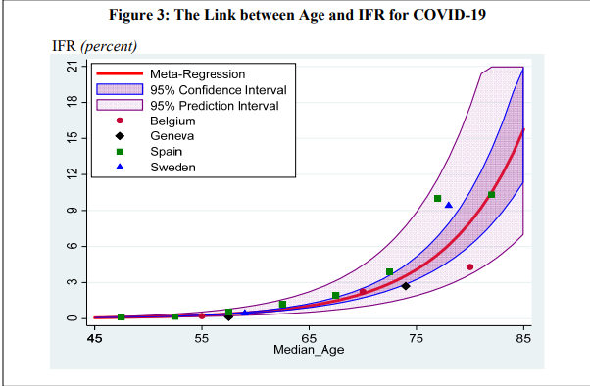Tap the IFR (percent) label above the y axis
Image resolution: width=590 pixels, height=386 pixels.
click(x=94, y=47)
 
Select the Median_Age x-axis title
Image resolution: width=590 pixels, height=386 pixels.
click(x=309, y=351)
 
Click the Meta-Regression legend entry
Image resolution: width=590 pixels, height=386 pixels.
click(x=197, y=74)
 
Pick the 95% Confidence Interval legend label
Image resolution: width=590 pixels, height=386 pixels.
click(x=215, y=90)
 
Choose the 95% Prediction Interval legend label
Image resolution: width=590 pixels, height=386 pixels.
click(x=213, y=105)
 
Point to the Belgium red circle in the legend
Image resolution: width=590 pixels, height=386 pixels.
click(x=119, y=121)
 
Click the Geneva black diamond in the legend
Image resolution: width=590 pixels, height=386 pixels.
click(x=119, y=136)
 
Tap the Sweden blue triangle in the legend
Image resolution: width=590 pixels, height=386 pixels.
click(x=119, y=168)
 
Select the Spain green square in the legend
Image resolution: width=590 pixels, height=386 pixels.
click(x=119, y=152)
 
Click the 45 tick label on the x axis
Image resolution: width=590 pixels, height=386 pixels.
click(x=95, y=338)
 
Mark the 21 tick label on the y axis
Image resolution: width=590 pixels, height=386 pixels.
click(x=72, y=67)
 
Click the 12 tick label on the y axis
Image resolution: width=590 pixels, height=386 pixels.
click(x=72, y=174)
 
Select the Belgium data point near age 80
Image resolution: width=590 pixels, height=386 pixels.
click(x=469, y=266)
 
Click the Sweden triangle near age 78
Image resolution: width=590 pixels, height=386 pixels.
click(x=449, y=205)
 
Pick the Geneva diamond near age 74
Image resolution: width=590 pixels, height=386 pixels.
click(x=406, y=286)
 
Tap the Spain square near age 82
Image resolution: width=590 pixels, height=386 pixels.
click(x=491, y=194)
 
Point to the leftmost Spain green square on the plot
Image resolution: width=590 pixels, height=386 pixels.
click(x=122, y=316)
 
